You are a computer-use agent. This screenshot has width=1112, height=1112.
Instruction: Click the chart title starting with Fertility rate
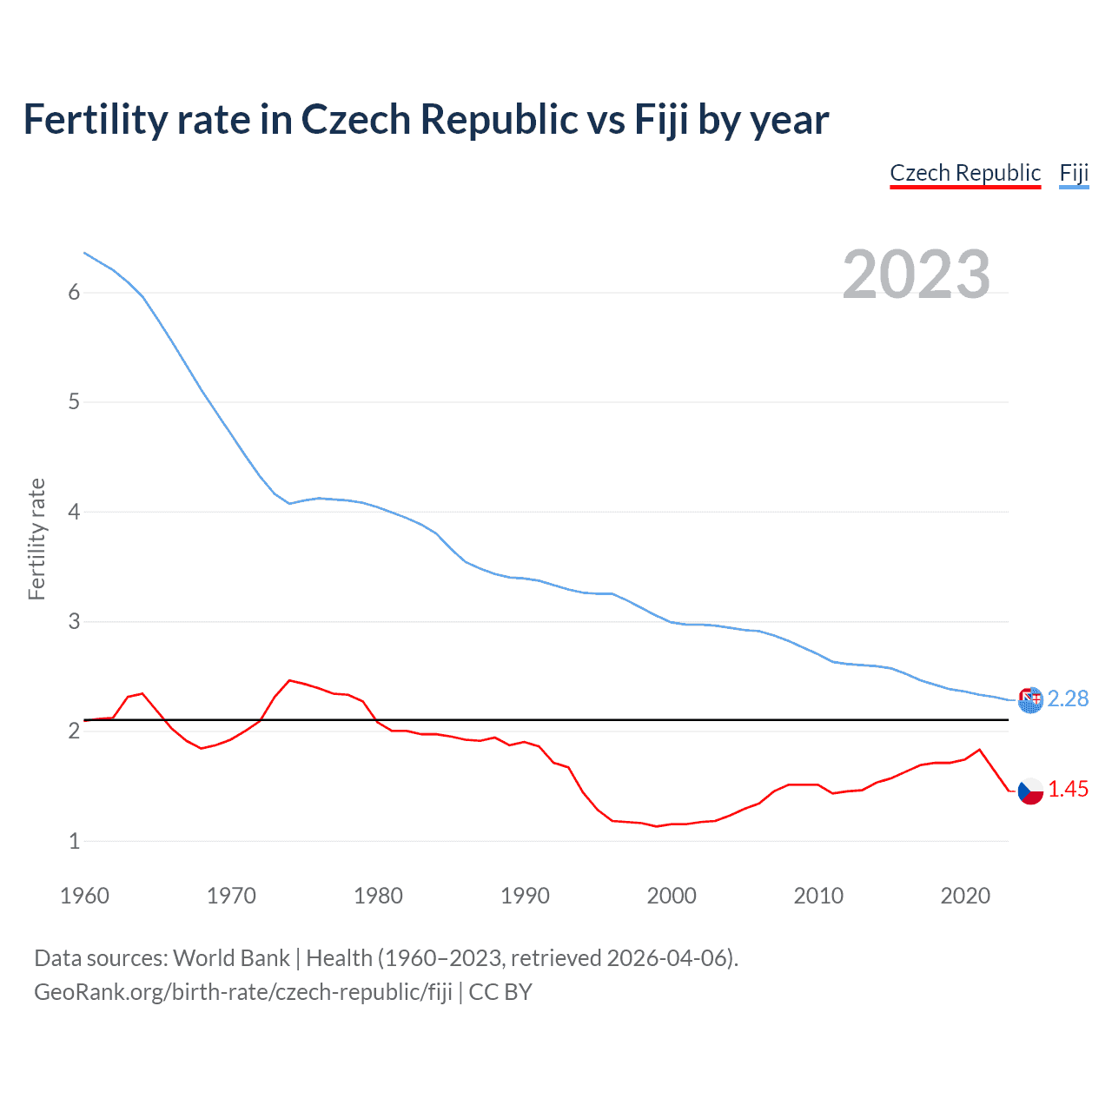tap(426, 120)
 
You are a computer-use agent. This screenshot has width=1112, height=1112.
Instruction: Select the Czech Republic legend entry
tap(965, 173)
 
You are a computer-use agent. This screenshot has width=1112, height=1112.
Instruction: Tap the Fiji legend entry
tap(1074, 173)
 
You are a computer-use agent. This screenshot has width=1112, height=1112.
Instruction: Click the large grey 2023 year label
tap(917, 275)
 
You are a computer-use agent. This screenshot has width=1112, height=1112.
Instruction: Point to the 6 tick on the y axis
tap(74, 293)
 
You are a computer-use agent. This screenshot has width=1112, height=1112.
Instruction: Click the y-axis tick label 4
tap(74, 512)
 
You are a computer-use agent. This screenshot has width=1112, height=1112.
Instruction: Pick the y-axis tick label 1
tap(74, 841)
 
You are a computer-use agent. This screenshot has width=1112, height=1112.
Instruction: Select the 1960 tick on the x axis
tap(84, 896)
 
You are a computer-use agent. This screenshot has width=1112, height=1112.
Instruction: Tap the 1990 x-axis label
tap(525, 896)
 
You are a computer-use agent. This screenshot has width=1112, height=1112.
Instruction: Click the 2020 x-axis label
tap(965, 896)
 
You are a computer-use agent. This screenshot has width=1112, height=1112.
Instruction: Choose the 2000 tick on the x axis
tap(672, 896)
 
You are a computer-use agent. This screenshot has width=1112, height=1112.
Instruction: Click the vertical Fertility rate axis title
tap(36, 539)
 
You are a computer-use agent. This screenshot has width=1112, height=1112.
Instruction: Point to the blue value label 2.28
tap(1068, 698)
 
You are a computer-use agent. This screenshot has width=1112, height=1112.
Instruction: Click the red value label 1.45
tap(1068, 789)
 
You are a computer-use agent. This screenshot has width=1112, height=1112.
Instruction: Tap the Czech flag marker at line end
tap(1030, 791)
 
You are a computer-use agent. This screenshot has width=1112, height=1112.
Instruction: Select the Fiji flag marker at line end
tap(1030, 699)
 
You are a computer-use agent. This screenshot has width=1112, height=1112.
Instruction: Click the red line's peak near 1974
tap(289, 680)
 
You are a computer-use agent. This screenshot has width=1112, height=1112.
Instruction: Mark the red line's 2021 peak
tap(980, 749)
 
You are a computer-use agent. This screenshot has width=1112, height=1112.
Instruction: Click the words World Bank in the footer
tap(231, 958)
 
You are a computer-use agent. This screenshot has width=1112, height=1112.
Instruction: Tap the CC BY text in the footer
tap(500, 992)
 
